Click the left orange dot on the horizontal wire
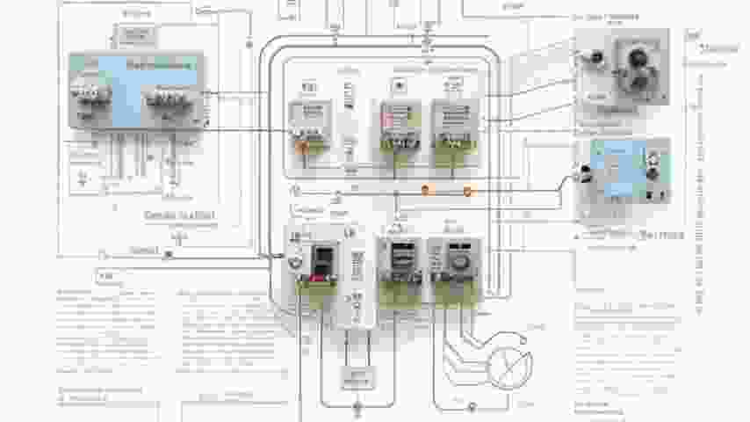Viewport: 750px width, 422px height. pyautogui.click(x=426, y=189)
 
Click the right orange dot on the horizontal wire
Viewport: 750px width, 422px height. pyautogui.click(x=467, y=190)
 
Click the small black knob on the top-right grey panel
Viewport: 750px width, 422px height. pyautogui.click(x=597, y=58)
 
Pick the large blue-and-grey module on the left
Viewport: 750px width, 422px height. pyautogui.click(x=136, y=90)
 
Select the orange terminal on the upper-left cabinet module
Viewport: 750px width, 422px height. pyautogui.click(x=302, y=147)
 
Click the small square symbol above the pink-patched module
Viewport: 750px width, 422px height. pyautogui.click(x=399, y=85)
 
